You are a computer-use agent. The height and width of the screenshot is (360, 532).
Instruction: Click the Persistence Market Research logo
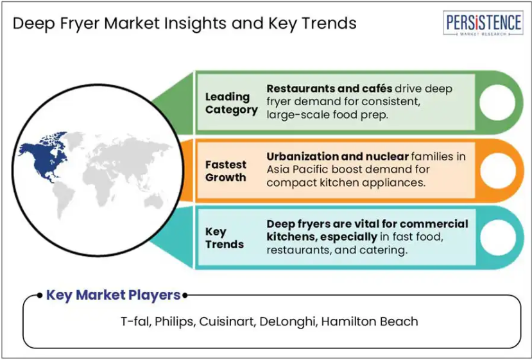coord(483,23)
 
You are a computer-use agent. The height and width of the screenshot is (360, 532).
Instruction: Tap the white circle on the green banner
coord(497,103)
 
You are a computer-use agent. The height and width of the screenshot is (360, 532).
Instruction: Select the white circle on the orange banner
coord(497,170)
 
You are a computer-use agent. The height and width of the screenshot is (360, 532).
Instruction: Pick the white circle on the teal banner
coord(498,237)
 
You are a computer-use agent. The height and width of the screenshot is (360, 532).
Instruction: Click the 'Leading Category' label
coord(232,103)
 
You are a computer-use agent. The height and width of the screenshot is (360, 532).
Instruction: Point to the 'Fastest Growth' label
coord(226,171)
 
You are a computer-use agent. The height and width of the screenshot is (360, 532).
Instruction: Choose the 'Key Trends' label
coord(224,238)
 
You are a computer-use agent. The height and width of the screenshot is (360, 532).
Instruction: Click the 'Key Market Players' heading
coord(113,295)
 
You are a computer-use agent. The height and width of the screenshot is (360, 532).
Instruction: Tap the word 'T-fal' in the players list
coord(135,321)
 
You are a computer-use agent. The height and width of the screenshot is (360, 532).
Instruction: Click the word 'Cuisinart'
coord(227,321)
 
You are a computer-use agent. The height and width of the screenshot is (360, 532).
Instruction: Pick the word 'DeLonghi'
coord(287,321)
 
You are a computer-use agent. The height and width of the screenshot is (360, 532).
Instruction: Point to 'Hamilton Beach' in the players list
coord(370,321)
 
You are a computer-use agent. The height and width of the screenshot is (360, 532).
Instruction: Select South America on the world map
coord(63,198)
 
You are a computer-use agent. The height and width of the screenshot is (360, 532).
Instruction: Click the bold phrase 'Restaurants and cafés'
coord(329,89)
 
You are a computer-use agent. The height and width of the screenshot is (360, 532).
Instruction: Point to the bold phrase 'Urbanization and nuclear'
coord(338,157)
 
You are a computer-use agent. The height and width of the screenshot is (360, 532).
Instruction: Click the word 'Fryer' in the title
coord(80,24)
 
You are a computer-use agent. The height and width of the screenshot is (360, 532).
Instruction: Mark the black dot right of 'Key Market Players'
coord(185,296)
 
